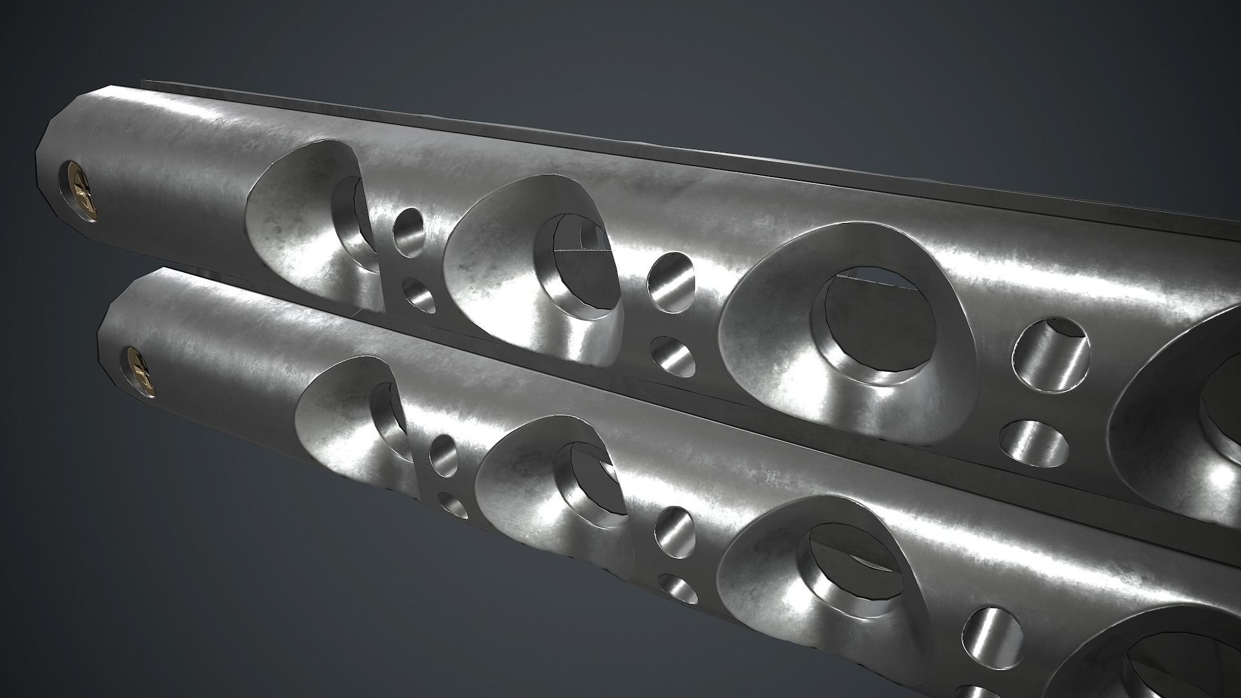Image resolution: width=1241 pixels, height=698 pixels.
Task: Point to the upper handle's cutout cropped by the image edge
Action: [x=1189, y=414]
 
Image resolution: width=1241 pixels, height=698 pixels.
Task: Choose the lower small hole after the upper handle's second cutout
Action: [x=673, y=355]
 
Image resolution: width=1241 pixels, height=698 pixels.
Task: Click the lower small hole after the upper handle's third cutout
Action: [x=1034, y=443]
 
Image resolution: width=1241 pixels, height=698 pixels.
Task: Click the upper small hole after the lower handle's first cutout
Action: [x=443, y=452]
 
